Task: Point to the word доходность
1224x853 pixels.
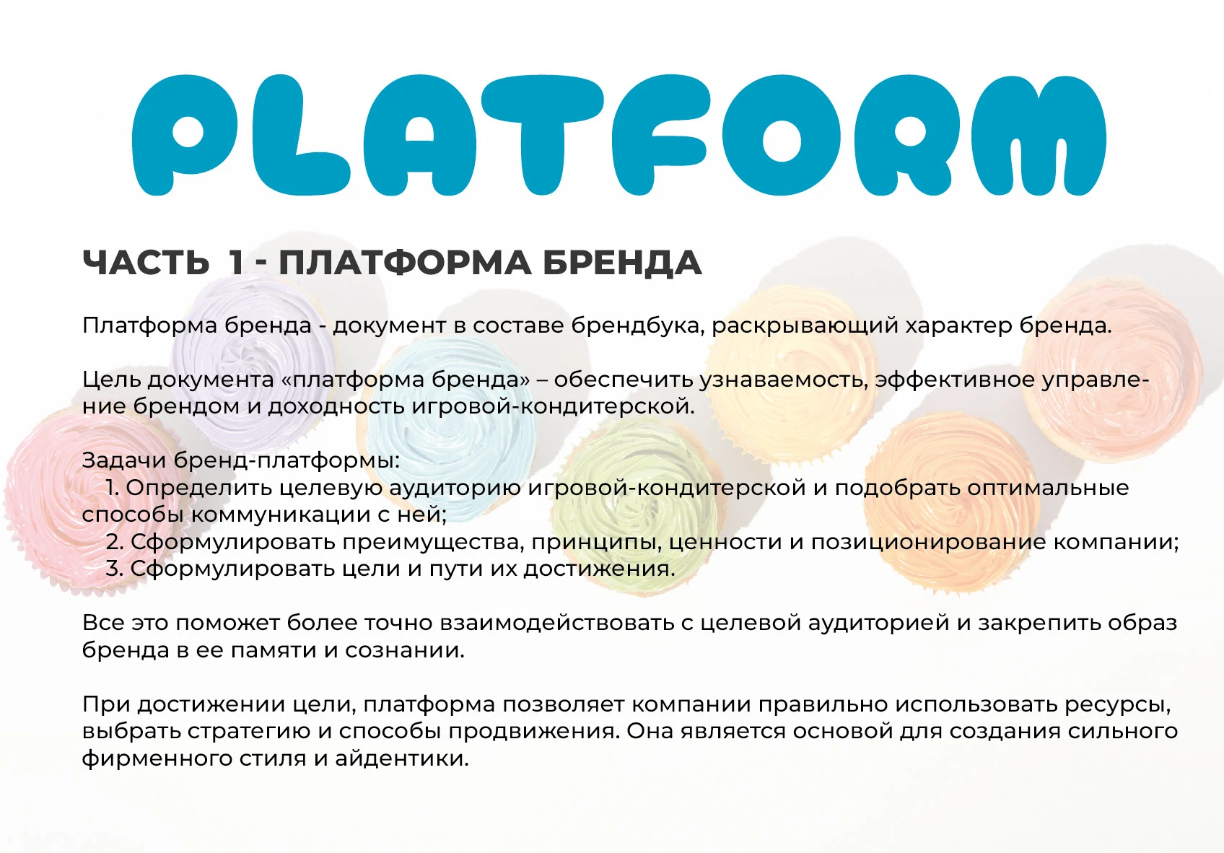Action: click(x=336, y=406)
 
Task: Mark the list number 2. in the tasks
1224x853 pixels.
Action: click(x=115, y=542)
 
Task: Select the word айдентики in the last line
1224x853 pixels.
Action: click(x=401, y=758)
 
